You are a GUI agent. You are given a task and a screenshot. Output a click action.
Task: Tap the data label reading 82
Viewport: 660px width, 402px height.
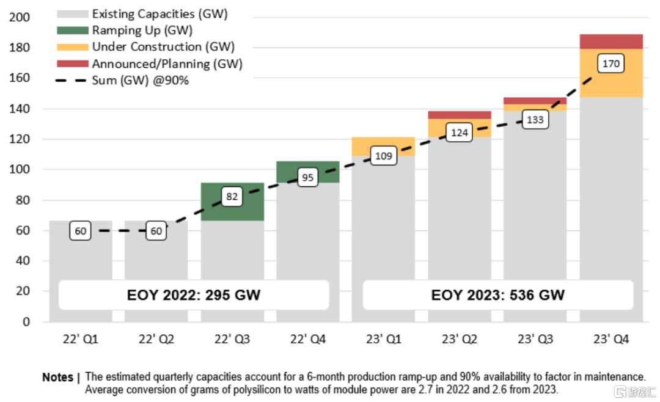(232, 197)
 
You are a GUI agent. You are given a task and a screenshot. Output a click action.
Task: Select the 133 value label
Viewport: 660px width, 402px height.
(535, 120)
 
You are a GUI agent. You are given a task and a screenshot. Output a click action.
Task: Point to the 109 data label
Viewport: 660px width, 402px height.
(383, 156)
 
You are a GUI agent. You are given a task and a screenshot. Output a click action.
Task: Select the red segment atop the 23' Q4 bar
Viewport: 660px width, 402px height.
(611, 42)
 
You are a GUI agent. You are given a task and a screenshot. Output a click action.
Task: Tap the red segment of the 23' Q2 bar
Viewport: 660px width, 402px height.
(459, 115)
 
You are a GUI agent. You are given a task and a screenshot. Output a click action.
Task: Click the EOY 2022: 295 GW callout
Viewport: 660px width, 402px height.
(194, 295)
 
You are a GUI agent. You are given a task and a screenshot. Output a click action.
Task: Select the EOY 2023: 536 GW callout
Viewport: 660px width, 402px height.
(497, 295)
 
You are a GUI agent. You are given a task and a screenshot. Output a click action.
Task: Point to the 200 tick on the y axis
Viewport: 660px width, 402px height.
(20, 18)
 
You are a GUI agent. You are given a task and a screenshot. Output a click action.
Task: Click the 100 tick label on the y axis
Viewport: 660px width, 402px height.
(20, 170)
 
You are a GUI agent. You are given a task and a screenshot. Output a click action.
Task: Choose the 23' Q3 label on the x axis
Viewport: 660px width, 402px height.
(535, 338)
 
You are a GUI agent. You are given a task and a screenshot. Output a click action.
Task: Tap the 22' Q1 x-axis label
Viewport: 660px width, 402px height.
(81, 338)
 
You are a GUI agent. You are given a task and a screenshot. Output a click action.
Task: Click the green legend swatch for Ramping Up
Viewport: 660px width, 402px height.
(72, 31)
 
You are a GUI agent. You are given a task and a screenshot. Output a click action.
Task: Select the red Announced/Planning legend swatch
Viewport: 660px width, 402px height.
(72, 64)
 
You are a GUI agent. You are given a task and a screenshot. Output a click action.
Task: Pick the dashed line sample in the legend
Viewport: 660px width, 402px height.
(72, 81)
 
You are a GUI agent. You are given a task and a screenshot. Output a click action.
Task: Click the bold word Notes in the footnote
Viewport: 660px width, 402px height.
(58, 377)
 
